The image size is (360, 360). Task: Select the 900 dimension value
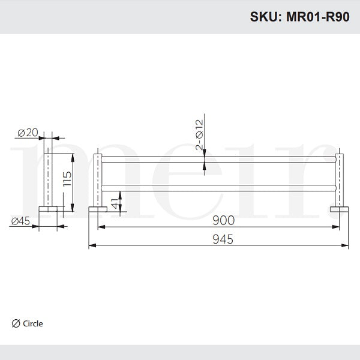pyautogui.click(x=221, y=220)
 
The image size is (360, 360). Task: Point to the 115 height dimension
pyautogui.click(x=67, y=180)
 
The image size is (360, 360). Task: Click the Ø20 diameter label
pyautogui.click(x=28, y=132)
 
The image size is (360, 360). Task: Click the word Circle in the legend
pyautogui.click(x=33, y=323)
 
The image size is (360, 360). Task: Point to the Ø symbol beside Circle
pyautogui.click(x=16, y=323)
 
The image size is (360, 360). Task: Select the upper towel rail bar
pyautogui.click(x=219, y=158)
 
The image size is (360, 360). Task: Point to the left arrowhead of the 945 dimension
pyautogui.click(x=91, y=245)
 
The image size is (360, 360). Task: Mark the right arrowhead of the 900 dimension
pyautogui.click(x=337, y=227)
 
